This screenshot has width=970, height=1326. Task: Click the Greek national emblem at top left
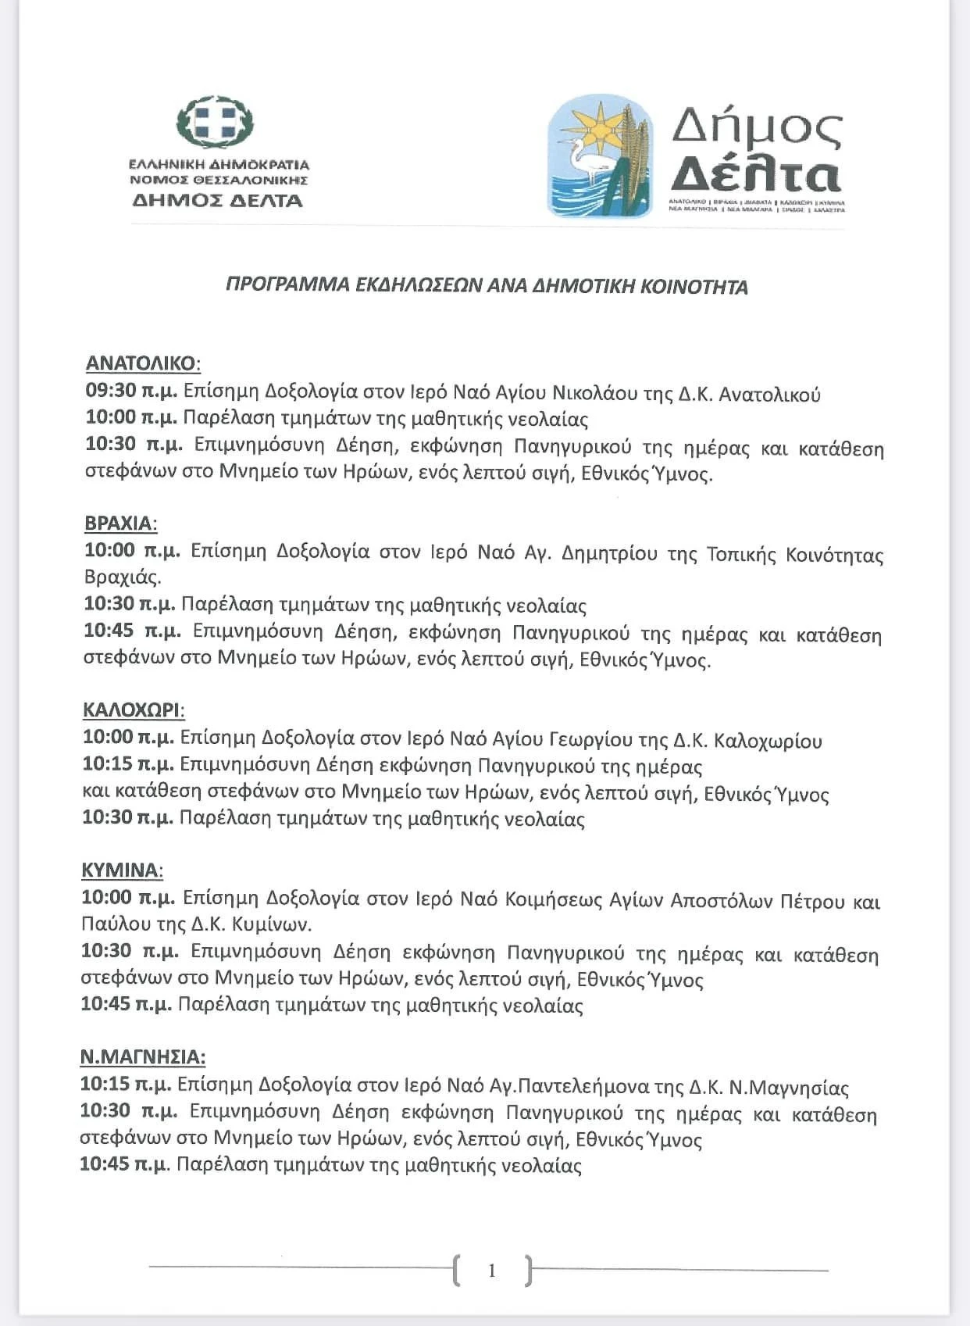coord(215,124)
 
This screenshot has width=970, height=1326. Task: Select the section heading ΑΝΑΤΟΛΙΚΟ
coord(142,363)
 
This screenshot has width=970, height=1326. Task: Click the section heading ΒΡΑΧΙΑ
coord(120,523)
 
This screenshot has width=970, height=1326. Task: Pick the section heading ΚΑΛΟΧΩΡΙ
coord(134,709)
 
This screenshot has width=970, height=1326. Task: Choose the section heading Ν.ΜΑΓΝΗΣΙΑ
coord(143,1057)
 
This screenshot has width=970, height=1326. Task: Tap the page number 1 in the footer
coord(491,1271)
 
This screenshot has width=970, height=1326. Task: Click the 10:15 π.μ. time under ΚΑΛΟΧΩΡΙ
coord(129,765)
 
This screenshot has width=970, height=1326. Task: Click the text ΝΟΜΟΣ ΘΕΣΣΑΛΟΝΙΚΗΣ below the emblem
coord(219,180)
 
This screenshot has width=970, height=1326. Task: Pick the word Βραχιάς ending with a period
coord(123,577)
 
